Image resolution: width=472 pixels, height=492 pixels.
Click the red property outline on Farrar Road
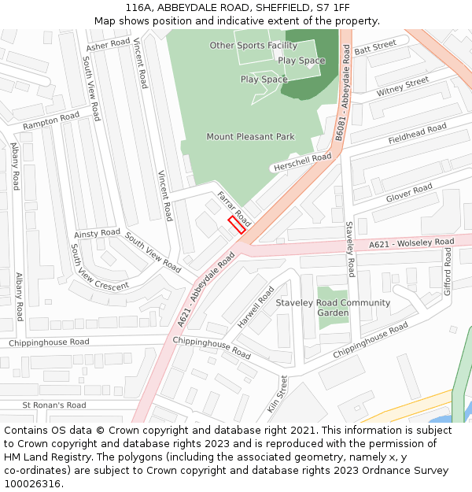(x=237, y=224)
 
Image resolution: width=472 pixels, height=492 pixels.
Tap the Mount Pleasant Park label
(x=250, y=137)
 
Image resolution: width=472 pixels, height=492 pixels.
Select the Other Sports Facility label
(x=253, y=46)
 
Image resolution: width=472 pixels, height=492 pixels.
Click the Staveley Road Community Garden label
(x=333, y=308)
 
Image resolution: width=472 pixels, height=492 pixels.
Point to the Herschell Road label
(x=302, y=163)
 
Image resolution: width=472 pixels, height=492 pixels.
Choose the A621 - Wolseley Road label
(x=411, y=244)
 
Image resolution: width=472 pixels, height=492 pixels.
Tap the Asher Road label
(x=108, y=46)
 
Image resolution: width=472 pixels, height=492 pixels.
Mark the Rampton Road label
(x=51, y=121)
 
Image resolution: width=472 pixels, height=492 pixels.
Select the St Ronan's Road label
(x=54, y=405)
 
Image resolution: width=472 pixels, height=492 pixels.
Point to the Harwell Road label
(x=256, y=307)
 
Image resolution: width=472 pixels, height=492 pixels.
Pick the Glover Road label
(x=409, y=193)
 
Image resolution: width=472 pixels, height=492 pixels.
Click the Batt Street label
(x=375, y=49)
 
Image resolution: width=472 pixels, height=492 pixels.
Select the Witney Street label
(x=403, y=87)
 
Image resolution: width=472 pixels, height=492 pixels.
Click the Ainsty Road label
(x=97, y=234)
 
